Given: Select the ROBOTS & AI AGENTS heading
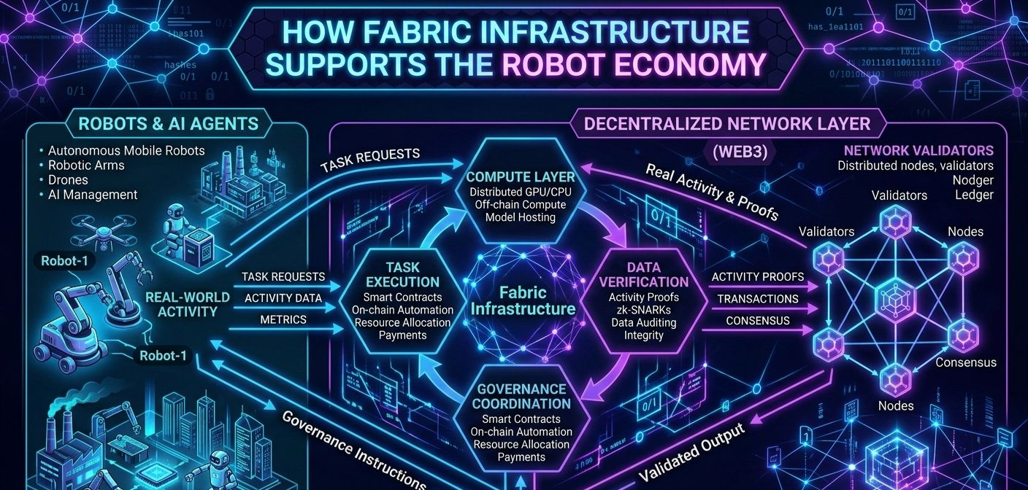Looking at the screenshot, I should click(x=169, y=123).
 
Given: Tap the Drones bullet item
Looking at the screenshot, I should click(x=68, y=180).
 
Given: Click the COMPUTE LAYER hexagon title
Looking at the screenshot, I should click(x=520, y=177).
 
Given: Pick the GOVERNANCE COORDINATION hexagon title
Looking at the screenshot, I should click(x=521, y=396).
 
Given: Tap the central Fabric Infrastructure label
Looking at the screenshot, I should click(x=523, y=300).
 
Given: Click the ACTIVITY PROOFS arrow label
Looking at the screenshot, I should click(x=757, y=277).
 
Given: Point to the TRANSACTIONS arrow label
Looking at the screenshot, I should click(x=757, y=299).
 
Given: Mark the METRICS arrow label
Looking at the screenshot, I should click(x=283, y=320).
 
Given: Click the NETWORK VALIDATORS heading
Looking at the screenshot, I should click(x=918, y=151).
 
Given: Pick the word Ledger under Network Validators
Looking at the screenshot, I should click(x=974, y=195).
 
